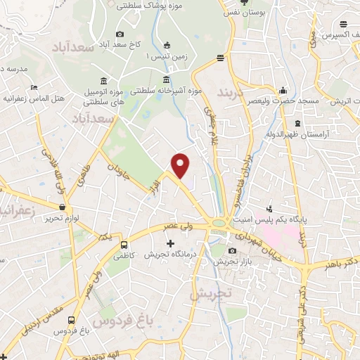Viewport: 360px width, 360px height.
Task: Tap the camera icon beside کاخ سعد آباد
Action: [120, 34]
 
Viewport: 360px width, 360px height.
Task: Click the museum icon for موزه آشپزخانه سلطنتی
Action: [166, 79]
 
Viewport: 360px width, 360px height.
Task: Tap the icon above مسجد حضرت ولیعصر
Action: [283, 90]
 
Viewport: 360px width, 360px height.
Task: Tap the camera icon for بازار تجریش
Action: [233, 251]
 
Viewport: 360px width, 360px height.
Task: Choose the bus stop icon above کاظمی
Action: [124, 245]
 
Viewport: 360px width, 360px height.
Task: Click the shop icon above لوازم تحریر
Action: [64, 207]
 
